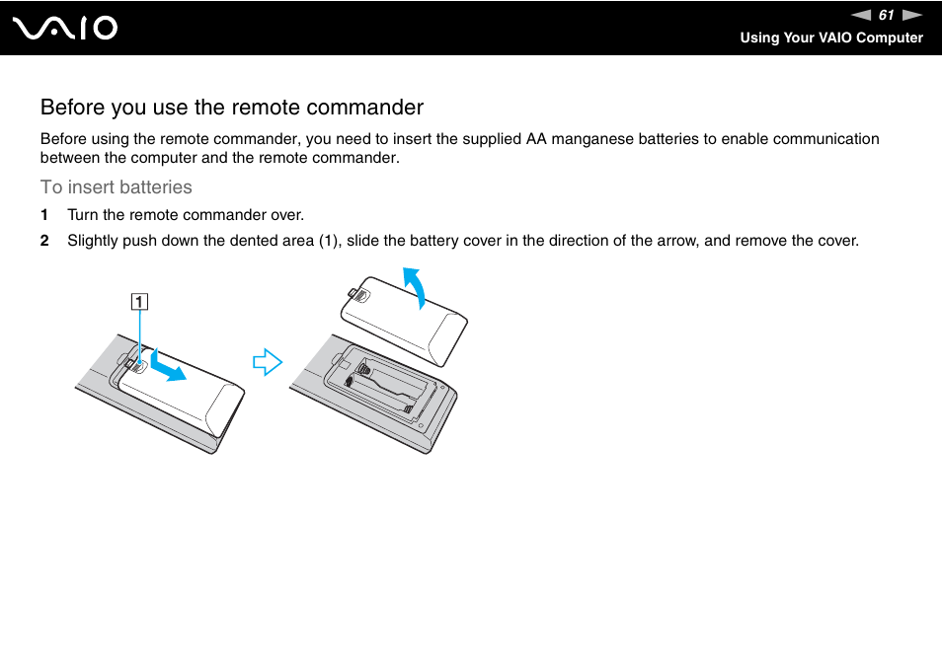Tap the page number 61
[886, 15]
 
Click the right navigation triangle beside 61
[911, 15]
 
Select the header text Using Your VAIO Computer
[831, 37]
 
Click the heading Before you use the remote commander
[232, 107]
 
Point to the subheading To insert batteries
[117, 187]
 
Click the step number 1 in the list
[43, 215]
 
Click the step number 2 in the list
[43, 241]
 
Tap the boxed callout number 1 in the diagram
[140, 302]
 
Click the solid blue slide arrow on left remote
[168, 367]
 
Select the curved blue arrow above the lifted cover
[418, 287]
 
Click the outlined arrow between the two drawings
[267, 363]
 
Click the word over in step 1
[287, 215]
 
